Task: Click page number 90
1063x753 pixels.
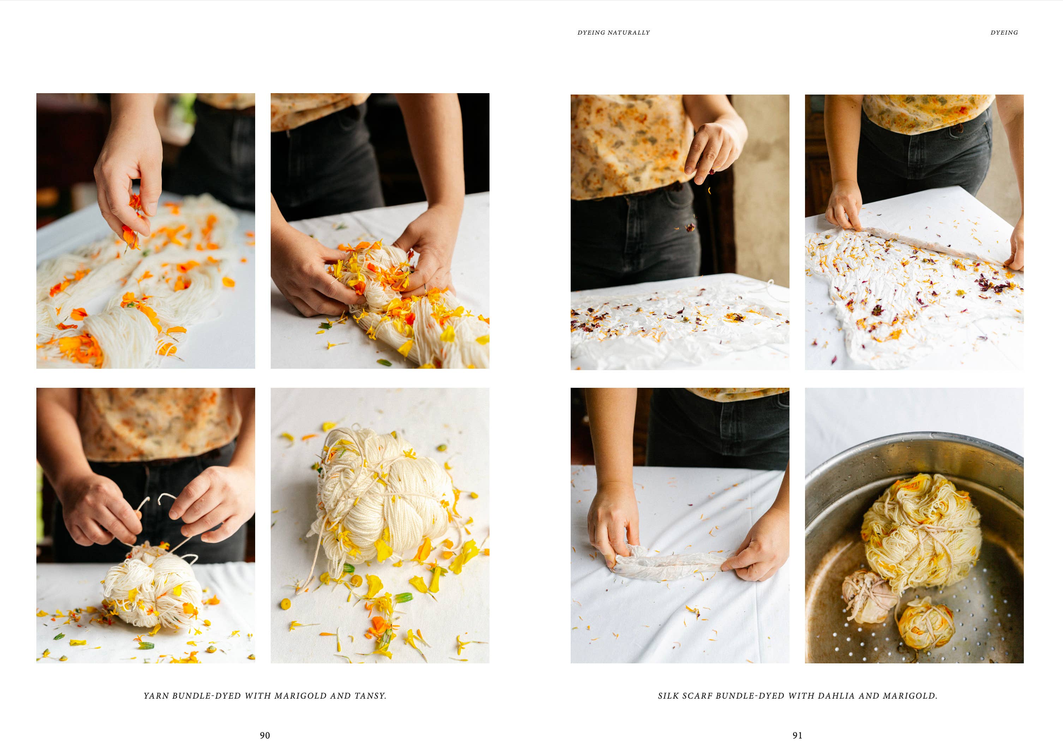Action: pos(265,735)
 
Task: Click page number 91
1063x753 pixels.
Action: pos(797,735)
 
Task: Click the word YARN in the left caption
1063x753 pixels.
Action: pos(156,696)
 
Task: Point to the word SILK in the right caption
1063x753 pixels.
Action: pos(667,696)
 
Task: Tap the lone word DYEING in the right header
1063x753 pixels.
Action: pos(1004,32)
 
